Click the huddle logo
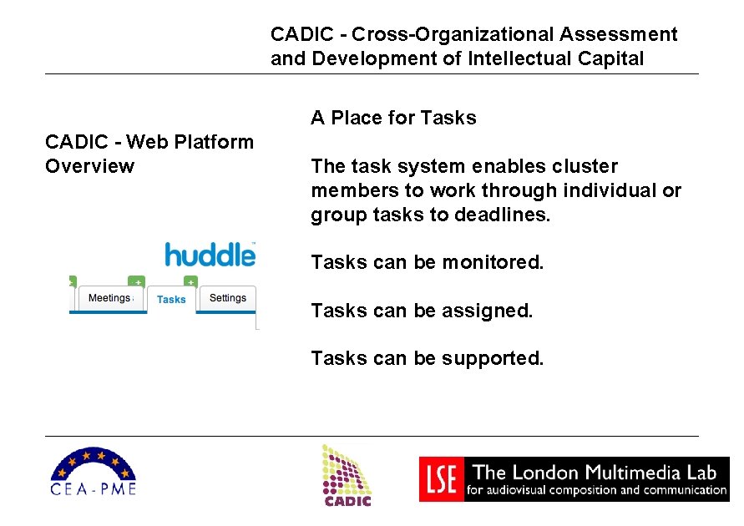(x=210, y=254)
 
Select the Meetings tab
(x=109, y=298)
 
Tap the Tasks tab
(x=171, y=300)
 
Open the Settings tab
(x=227, y=298)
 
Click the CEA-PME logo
(x=93, y=472)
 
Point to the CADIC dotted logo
(x=347, y=474)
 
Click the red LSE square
(x=439, y=479)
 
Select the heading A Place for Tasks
(x=393, y=118)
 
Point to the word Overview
(x=89, y=166)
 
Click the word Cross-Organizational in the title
(x=453, y=35)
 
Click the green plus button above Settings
(x=190, y=281)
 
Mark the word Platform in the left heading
(x=213, y=142)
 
